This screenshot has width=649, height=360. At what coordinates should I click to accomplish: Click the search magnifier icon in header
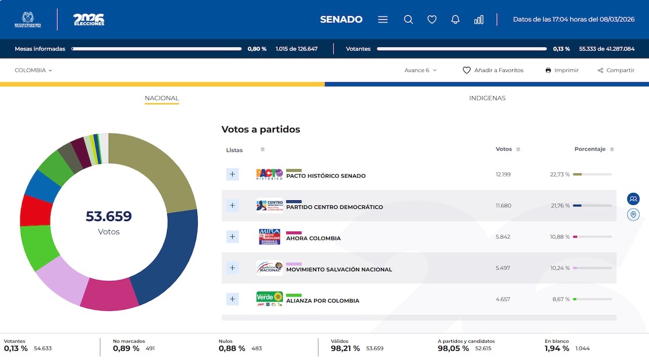tap(408, 20)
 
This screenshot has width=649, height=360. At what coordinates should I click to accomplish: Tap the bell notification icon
tap(455, 20)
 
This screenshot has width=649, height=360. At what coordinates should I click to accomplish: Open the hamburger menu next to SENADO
tap(383, 20)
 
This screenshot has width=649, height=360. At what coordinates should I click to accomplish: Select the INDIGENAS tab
tap(487, 98)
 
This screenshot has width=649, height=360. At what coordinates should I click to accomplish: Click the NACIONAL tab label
tap(162, 98)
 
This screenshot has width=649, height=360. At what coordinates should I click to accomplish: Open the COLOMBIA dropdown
tap(33, 70)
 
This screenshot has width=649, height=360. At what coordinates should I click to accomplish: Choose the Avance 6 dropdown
tap(420, 70)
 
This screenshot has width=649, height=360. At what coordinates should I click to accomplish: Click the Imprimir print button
tap(562, 70)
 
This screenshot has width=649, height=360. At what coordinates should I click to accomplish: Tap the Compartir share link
tap(616, 70)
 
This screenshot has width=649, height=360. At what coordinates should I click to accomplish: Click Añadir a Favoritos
tap(493, 70)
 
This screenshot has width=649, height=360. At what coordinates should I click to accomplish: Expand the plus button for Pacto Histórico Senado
tap(232, 174)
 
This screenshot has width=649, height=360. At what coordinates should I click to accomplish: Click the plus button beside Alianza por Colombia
tap(232, 299)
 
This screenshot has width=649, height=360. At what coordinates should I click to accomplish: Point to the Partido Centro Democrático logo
tap(269, 205)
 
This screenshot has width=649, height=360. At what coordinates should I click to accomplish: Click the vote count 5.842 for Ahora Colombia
tap(503, 237)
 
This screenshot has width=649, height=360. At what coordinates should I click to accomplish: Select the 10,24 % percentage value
tap(560, 268)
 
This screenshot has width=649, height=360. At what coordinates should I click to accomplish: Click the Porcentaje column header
tap(590, 149)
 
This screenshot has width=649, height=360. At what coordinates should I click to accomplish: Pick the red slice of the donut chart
tap(35, 210)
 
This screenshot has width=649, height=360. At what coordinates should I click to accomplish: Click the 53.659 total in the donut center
tap(109, 217)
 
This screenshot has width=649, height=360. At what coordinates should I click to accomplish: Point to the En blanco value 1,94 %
tap(557, 348)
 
